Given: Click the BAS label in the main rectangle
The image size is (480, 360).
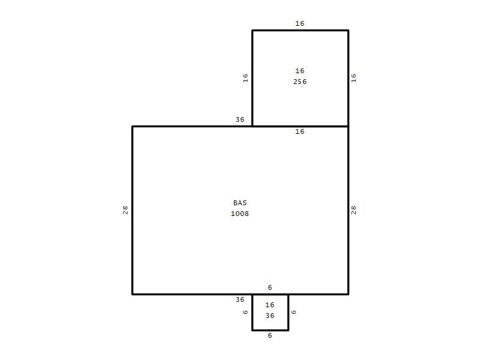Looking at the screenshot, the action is (239, 203).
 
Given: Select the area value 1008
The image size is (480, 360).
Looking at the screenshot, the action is (239, 214).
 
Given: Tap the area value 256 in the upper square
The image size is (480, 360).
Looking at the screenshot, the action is (299, 82).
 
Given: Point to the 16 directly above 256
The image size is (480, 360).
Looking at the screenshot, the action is (299, 71).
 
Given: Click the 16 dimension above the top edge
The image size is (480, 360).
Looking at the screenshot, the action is (299, 23).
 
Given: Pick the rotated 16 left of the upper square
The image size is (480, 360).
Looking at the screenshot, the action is (245, 78).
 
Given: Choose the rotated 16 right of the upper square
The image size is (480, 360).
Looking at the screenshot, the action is (353, 78).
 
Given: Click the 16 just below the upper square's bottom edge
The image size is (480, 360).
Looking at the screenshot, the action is (299, 131).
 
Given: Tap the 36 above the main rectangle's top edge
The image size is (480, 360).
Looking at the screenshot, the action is (240, 119).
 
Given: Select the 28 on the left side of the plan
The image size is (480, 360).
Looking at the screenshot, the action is (125, 210).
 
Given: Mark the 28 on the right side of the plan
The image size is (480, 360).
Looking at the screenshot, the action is (353, 210).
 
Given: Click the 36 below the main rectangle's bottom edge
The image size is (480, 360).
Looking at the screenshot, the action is (240, 299).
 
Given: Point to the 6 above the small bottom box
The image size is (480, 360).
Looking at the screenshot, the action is (269, 287).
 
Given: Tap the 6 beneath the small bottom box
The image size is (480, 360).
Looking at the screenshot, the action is (269, 335).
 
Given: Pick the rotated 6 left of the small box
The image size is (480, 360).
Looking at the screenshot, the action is (245, 312).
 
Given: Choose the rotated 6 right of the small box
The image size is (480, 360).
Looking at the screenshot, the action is (293, 312).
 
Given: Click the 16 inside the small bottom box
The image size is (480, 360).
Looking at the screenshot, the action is (269, 305).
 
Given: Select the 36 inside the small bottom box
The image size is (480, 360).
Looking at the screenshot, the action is (269, 316).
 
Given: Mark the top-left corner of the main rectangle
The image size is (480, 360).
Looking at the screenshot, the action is (132, 126).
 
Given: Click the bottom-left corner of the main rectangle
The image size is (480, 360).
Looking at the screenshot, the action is (132, 294).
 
